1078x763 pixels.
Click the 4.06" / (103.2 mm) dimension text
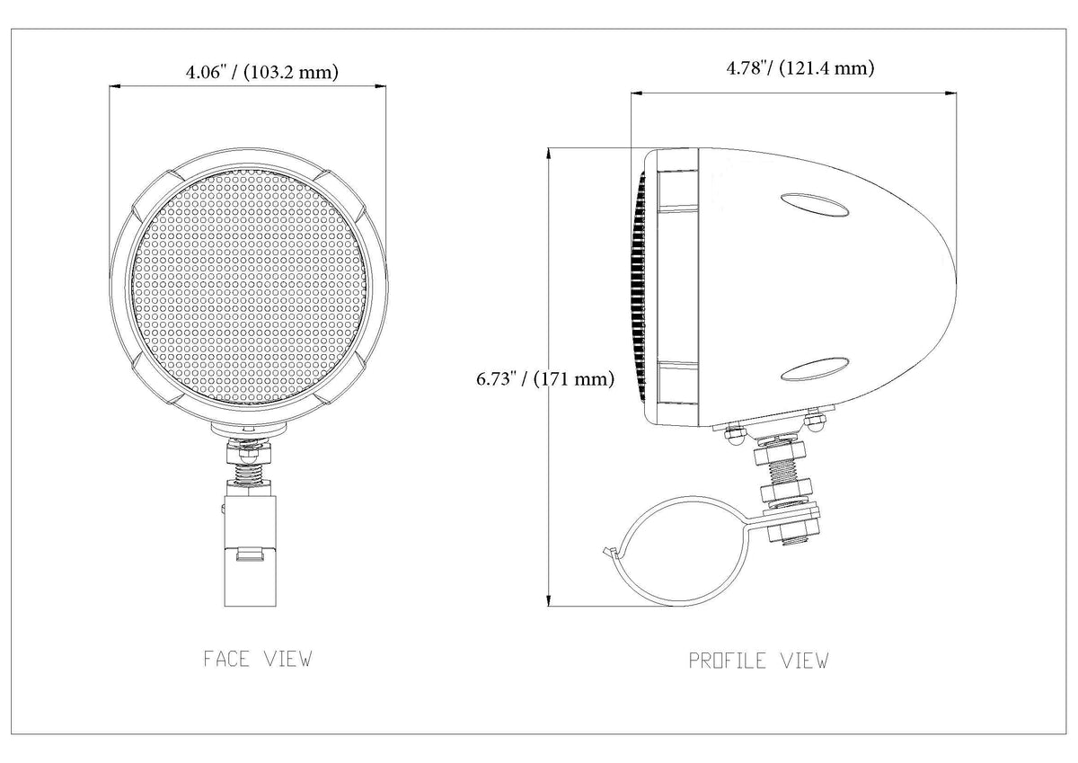pos(262,72)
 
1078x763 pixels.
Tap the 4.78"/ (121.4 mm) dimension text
pos(800,68)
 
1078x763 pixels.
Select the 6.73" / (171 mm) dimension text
pos(545,379)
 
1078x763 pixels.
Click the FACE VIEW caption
pos(258,659)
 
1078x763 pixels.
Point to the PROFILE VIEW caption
pos(758,661)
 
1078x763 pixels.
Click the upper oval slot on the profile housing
pos(814,205)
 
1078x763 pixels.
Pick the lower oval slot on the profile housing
pos(814,369)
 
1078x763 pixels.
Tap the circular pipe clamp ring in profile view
pos(676,551)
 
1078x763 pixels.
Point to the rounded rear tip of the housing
pos(954,279)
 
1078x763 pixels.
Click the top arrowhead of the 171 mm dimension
pos(548,154)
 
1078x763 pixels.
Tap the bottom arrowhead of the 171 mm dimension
pos(548,599)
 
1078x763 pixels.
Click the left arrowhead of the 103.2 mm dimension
pos(116,86)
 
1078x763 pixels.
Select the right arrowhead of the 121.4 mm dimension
pos(950,93)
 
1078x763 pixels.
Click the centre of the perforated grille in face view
pos(249,288)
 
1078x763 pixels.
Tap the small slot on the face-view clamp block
pos(251,556)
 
